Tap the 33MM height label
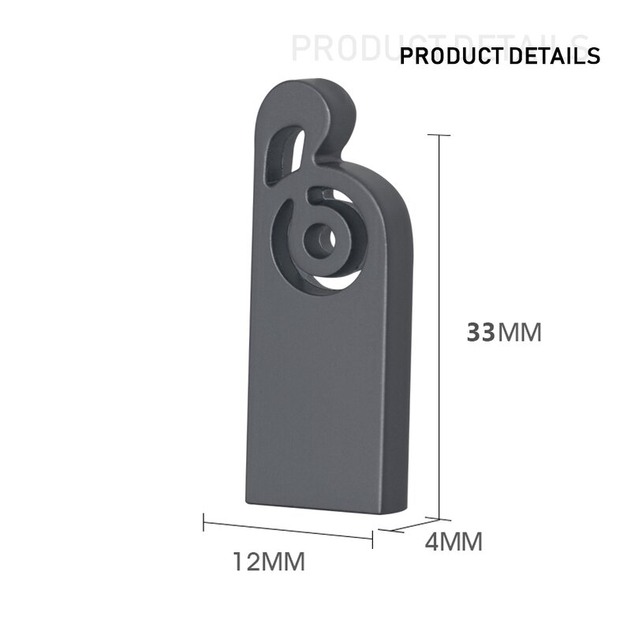tap(504, 332)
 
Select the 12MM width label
tap(268, 562)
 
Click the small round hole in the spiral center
tap(319, 238)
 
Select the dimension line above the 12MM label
tap(288, 527)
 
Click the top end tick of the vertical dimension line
tap(439, 135)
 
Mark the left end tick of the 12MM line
tap(203, 521)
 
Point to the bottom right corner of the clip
tap(386, 514)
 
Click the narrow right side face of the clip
tap(398, 355)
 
